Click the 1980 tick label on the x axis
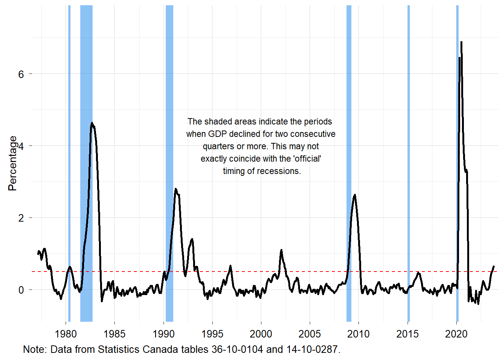point(66,334)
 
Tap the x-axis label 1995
point(212,334)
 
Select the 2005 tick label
point(310,334)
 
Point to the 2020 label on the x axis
point(456,334)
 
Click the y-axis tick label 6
point(21,74)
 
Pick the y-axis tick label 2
point(21,218)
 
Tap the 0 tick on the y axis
point(21,290)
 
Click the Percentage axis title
point(12,163)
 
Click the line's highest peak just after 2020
point(461,42)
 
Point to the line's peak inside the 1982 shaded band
point(92,123)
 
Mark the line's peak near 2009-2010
point(355,195)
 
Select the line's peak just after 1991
point(175,189)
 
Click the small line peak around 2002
point(281,250)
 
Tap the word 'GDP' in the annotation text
point(217,134)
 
